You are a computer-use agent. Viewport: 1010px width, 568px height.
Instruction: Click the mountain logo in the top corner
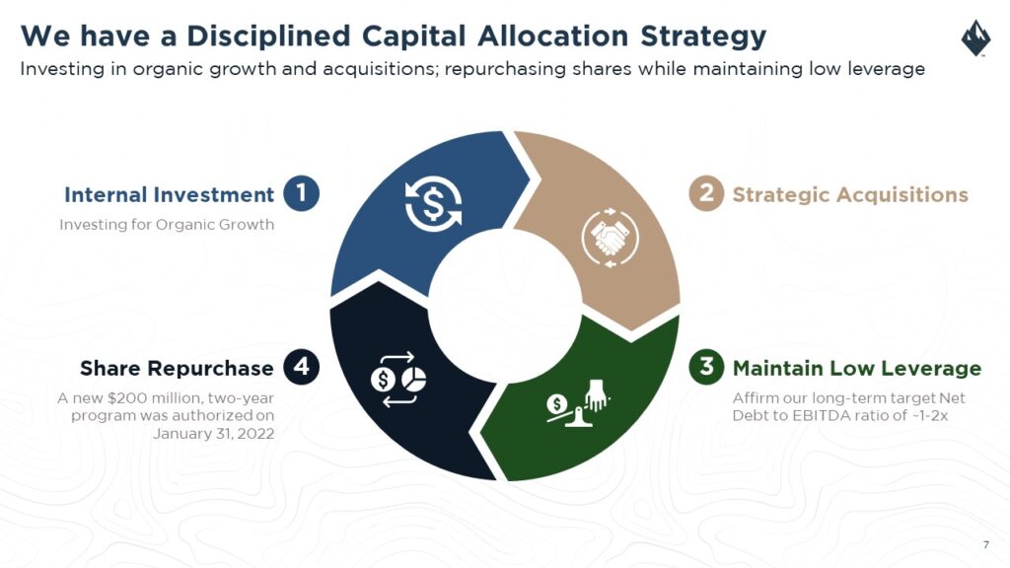pyautogui.click(x=975, y=38)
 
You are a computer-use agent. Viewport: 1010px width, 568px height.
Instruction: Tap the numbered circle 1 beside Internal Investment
pyautogui.click(x=302, y=193)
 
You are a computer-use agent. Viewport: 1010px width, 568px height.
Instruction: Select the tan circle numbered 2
pyautogui.click(x=706, y=193)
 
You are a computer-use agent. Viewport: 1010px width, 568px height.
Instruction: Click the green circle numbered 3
pyautogui.click(x=706, y=367)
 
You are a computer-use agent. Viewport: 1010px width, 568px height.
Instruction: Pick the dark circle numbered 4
pyautogui.click(x=302, y=367)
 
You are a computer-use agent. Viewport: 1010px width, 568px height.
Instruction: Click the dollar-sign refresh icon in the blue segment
pyautogui.click(x=434, y=203)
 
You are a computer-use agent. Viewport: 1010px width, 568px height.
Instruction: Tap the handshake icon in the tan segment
pyautogui.click(x=610, y=238)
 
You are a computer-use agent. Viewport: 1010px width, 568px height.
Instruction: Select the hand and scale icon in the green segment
pyautogui.click(x=578, y=403)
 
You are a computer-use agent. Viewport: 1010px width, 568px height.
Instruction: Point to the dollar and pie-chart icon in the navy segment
pyautogui.click(x=398, y=380)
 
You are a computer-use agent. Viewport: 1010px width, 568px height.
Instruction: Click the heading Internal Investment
pyautogui.click(x=169, y=194)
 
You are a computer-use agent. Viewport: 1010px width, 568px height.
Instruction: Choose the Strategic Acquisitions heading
pyautogui.click(x=850, y=194)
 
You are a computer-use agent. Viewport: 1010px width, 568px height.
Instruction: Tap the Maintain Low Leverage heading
pyautogui.click(x=857, y=369)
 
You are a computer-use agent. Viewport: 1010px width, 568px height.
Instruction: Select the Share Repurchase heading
pyautogui.click(x=177, y=369)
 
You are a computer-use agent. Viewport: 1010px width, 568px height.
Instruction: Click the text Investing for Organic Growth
pyautogui.click(x=167, y=225)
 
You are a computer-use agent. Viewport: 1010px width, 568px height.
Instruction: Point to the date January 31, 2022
pyautogui.click(x=213, y=434)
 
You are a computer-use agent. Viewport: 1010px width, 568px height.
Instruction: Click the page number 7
pyautogui.click(x=985, y=544)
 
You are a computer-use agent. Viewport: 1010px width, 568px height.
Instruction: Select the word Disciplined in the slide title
pyautogui.click(x=268, y=36)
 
